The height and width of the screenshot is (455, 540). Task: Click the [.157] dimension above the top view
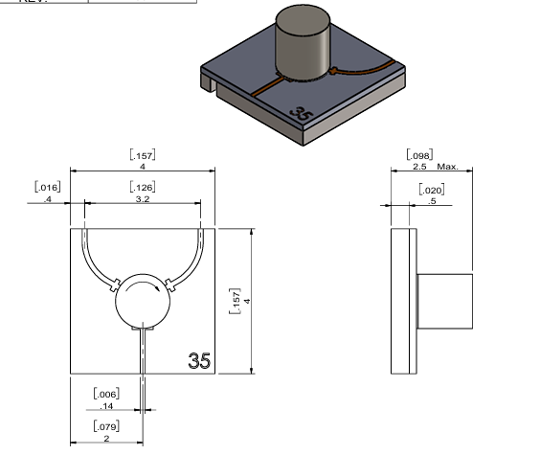coord(142,154)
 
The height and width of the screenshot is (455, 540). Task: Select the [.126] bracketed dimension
coord(142,186)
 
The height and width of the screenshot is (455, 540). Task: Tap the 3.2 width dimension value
coord(142,198)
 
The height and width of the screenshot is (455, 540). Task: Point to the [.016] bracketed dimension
coord(47,186)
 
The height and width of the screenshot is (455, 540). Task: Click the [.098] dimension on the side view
coord(419,154)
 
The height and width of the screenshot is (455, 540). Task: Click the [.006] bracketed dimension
coord(105,395)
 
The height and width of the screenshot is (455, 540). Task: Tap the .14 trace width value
coord(105,407)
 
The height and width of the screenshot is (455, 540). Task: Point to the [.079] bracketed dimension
coord(105,425)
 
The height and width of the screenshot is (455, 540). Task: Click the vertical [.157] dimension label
coord(237,301)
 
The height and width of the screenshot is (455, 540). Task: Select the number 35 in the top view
coord(199,361)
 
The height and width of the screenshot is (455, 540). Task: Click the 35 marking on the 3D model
coord(302,114)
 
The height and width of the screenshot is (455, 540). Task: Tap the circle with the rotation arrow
coord(141,301)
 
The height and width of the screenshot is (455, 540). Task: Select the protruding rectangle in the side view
coord(444,301)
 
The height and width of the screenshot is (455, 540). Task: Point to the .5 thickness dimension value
coord(433,201)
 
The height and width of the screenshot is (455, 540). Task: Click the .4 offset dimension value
coord(47,198)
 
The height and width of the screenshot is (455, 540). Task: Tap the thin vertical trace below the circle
coord(141,351)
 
